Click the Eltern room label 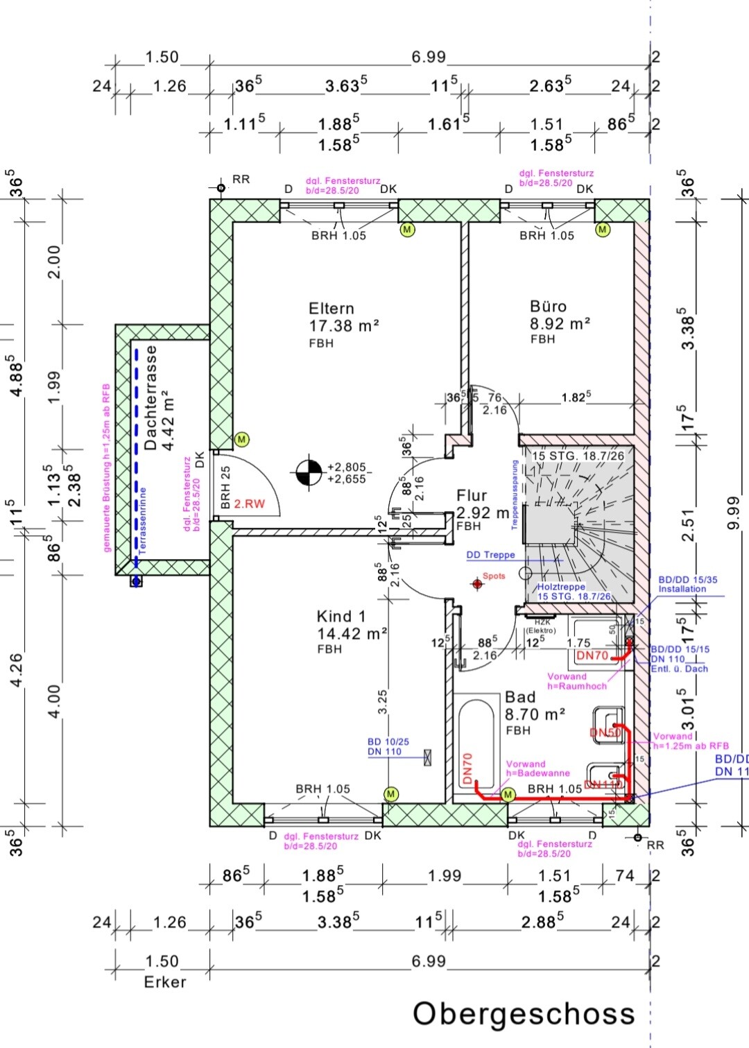point(332,309)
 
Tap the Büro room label point(548,307)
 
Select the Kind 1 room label point(341,617)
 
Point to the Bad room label point(520,697)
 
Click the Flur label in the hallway point(472,496)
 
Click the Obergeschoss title point(524,1013)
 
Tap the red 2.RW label point(249,504)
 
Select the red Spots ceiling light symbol point(477,584)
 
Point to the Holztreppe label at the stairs point(561,587)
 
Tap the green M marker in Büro point(602,230)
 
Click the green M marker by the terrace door point(241,439)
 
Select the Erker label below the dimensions point(165,982)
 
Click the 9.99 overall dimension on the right point(734,513)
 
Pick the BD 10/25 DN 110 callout point(388,746)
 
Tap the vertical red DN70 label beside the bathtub point(467,768)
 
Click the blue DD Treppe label point(490,555)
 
